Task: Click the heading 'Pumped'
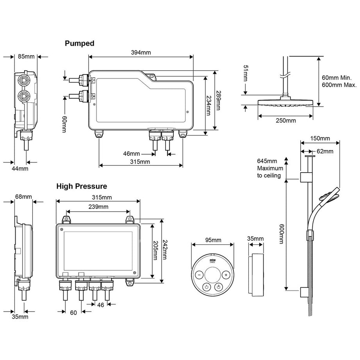[x=79, y=43]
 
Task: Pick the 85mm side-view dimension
[x=26, y=56]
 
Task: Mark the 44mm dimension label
[x=20, y=169]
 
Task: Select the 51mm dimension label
[x=245, y=73]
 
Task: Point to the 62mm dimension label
[x=325, y=151]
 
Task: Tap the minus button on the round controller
[x=199, y=275]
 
